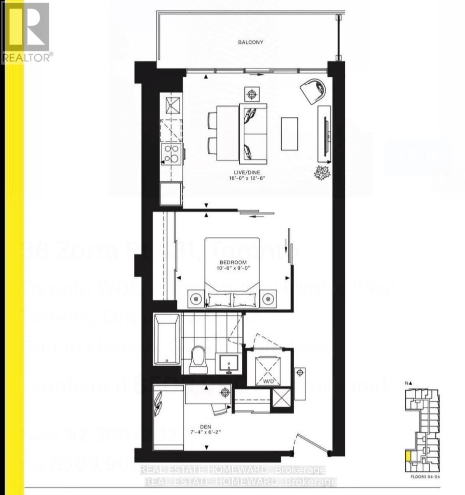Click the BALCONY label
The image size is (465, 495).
tap(250, 42)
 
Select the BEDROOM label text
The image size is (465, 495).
tap(233, 262)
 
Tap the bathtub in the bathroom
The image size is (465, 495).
tap(167, 339)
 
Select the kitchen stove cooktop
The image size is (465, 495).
tap(172, 154)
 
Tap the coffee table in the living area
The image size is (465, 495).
tap(290, 134)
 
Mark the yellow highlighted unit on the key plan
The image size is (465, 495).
tap(408, 456)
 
